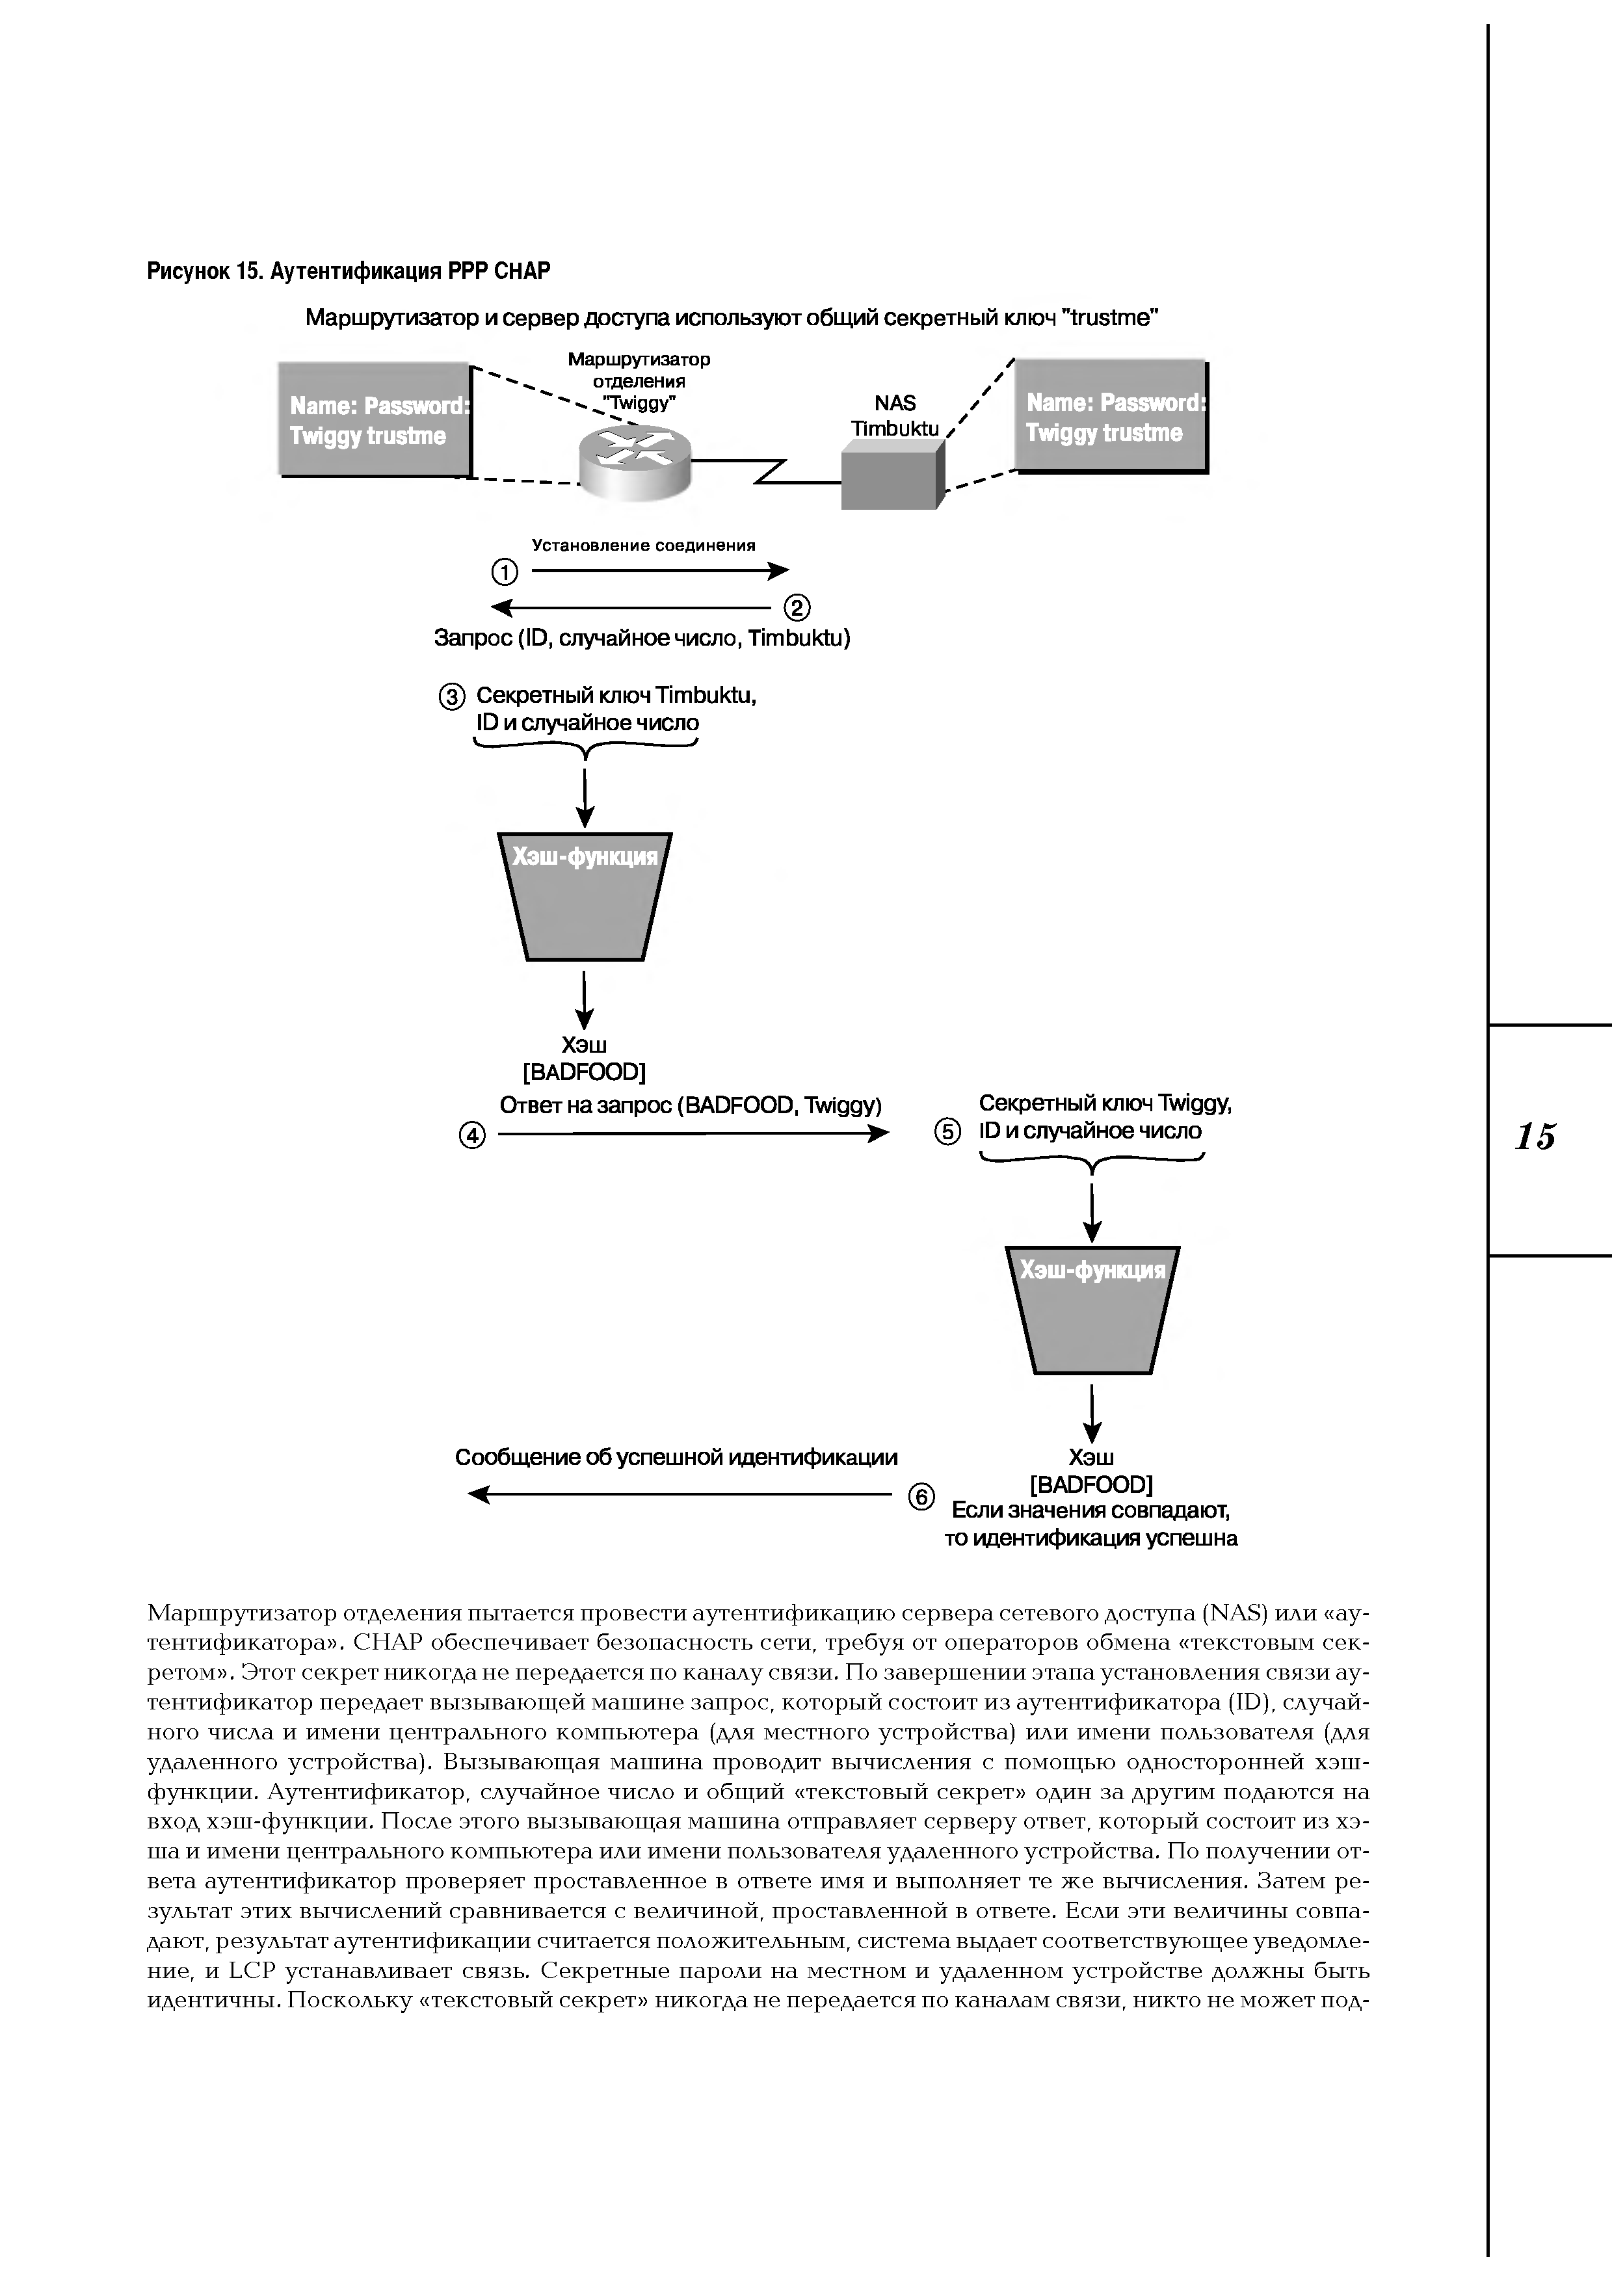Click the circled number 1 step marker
pyautogui.click(x=505, y=572)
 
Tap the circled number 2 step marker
pyautogui.click(x=798, y=607)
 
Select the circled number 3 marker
pyautogui.click(x=451, y=698)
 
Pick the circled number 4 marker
pyautogui.click(x=473, y=1135)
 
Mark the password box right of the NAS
pyautogui.click(x=1111, y=416)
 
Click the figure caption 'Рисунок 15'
pyautogui.click(x=349, y=271)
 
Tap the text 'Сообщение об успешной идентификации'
pyautogui.click(x=676, y=1457)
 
